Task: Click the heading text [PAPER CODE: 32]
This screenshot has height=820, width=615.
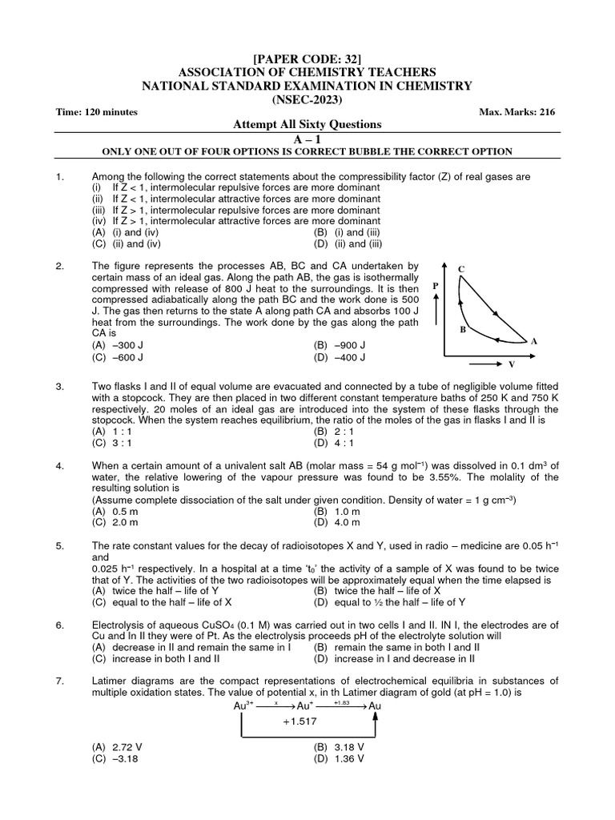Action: (307, 58)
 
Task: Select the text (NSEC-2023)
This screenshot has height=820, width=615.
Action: (307, 99)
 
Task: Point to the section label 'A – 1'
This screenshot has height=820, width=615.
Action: (307, 139)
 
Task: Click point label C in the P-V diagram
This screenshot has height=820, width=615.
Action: (461, 268)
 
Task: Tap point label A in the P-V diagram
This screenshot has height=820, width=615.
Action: (533, 341)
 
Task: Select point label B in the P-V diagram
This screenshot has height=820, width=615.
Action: (462, 328)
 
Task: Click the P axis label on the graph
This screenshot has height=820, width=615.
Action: (436, 285)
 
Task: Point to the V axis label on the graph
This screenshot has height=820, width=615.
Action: (511, 364)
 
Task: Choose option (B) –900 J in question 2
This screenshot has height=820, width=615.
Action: (340, 345)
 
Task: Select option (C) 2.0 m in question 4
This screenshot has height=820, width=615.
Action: (116, 522)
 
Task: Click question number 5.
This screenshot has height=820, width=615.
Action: (60, 546)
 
